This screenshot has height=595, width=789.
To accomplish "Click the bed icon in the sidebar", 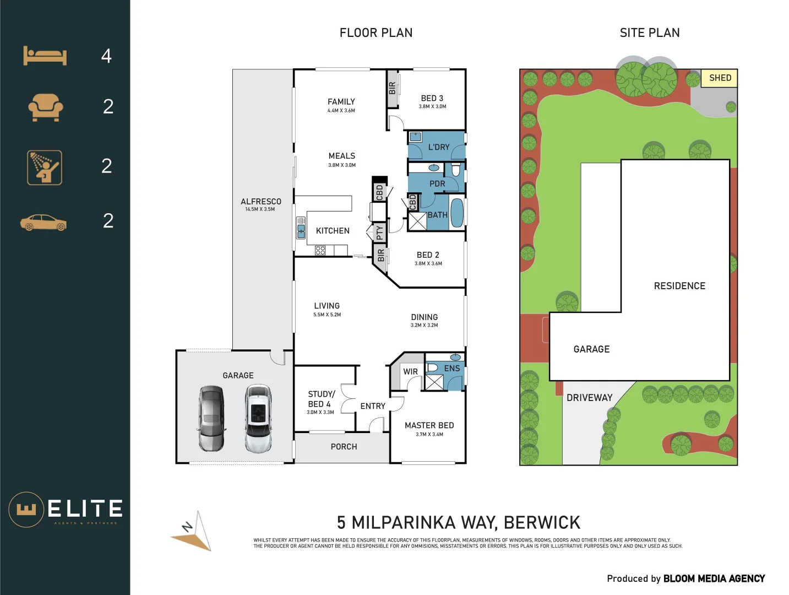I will (x=45, y=56).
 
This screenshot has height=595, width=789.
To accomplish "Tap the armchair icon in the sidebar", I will (x=45, y=107).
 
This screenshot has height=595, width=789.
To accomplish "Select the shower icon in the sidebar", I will (x=45, y=167).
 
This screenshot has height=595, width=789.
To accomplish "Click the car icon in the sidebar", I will (x=43, y=223).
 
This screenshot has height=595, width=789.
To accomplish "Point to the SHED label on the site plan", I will (x=720, y=78).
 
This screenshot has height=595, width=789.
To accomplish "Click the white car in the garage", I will (x=258, y=419).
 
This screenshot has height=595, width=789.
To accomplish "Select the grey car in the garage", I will (x=211, y=419).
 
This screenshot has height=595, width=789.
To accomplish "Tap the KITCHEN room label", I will (x=333, y=231).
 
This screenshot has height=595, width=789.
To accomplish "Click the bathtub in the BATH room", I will (x=457, y=213).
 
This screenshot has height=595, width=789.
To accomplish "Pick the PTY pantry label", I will (x=379, y=233).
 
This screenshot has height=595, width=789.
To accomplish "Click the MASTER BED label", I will (x=429, y=425).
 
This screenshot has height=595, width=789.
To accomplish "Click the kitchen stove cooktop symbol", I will (x=320, y=251).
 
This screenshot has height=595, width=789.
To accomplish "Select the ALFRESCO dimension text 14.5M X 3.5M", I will (x=260, y=209).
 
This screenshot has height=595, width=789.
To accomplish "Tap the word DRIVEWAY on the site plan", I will (x=589, y=398).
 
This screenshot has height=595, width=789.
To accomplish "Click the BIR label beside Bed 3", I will (x=392, y=88).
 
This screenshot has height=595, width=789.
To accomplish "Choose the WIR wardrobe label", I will (x=410, y=372).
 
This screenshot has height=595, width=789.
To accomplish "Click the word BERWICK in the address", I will (x=542, y=522).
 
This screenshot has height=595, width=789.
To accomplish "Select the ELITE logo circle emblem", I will (x=26, y=510).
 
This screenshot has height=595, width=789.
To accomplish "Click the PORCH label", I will (x=344, y=447).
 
